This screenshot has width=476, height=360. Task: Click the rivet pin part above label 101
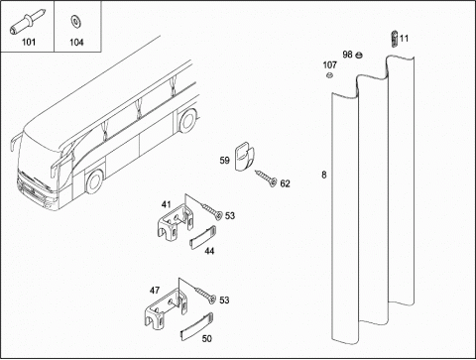pos(28,23)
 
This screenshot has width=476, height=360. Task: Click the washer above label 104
pos(76,22)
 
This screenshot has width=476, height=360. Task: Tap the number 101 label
pos(29,42)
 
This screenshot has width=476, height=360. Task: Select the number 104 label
pos(76,43)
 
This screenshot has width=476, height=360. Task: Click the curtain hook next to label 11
pos(394,39)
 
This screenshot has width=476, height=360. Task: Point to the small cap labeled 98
pos(358,56)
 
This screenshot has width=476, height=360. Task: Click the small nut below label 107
pos(329,75)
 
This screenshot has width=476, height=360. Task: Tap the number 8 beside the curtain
pos(324,175)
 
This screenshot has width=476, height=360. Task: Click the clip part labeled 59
pos(245,156)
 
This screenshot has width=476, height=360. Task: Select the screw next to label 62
pos(266,178)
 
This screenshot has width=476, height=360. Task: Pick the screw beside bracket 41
pos(212,211)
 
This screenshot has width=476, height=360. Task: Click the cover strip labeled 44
pos(203,237)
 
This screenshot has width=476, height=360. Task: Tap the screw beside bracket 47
pos(205,295)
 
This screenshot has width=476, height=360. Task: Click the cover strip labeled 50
pos(196,326)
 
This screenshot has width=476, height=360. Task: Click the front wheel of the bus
pos(95,181)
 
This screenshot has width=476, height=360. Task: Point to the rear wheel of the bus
pos(187,121)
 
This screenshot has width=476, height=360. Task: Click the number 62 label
pos(285,183)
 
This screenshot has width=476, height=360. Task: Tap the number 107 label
pos(330,65)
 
